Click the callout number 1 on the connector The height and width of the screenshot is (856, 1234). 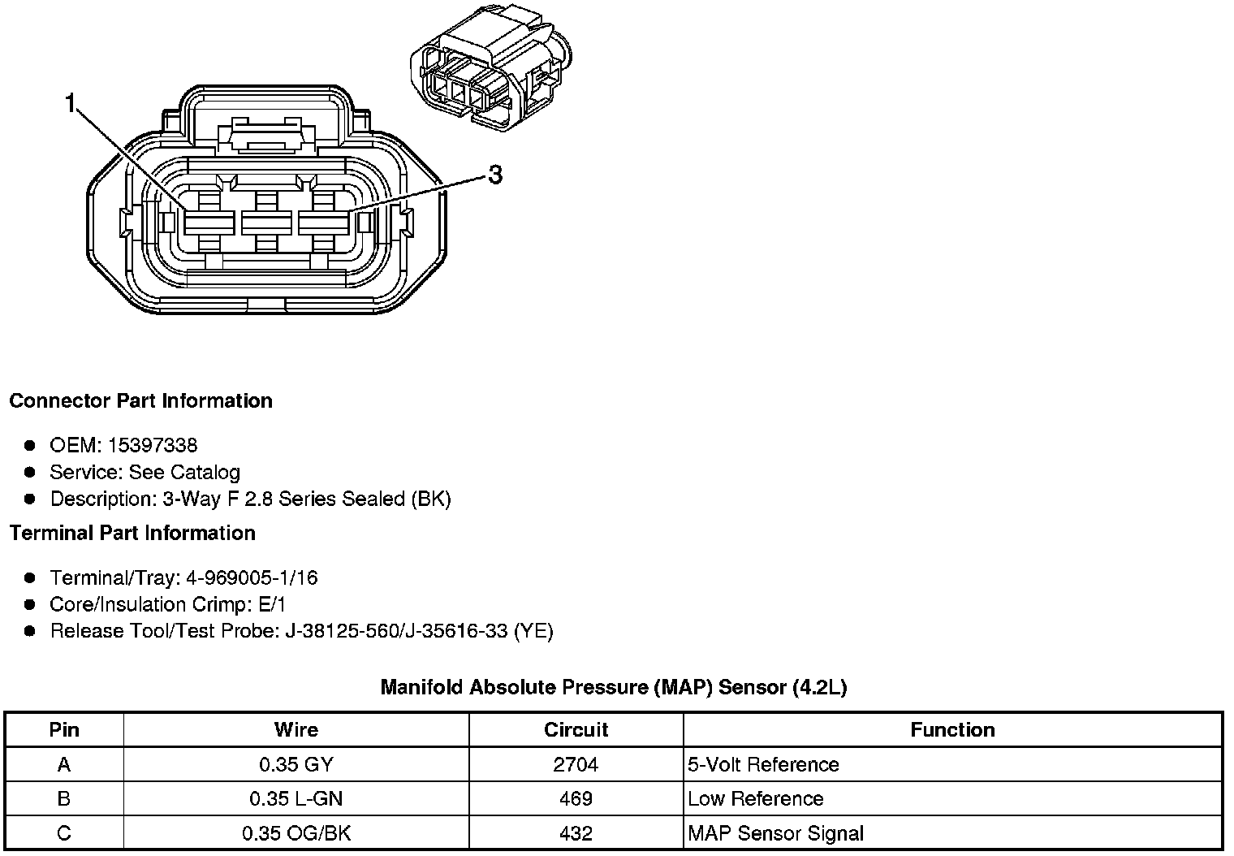click(71, 104)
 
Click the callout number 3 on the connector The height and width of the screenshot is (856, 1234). click(494, 174)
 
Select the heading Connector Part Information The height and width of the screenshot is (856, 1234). click(140, 401)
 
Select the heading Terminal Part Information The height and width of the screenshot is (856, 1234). click(132, 533)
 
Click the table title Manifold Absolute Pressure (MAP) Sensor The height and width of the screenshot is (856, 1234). click(613, 687)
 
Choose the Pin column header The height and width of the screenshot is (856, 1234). click(64, 729)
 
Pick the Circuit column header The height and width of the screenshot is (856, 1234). click(576, 729)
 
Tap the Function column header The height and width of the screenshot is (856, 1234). click(952, 729)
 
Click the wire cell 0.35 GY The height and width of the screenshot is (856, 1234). click(296, 764)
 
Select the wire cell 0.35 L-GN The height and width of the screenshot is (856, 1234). click(296, 798)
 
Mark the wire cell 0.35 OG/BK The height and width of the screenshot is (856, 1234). click(296, 833)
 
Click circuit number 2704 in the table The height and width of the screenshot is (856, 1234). click(576, 764)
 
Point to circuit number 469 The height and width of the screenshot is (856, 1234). click(576, 798)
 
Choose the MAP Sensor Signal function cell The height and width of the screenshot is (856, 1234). click(775, 833)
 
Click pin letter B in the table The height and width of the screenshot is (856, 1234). click(64, 798)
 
